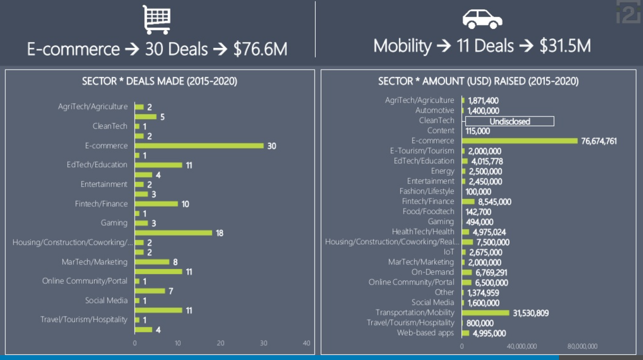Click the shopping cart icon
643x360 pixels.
(157, 19)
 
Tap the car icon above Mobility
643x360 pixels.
(482, 19)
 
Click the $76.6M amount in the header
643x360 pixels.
(260, 49)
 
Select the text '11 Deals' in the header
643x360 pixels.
(485, 46)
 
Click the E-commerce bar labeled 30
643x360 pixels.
(199, 145)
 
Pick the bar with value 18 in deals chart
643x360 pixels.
(173, 233)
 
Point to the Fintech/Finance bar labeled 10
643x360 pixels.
(156, 204)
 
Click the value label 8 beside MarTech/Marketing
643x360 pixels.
(175, 262)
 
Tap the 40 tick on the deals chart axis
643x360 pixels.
(306, 343)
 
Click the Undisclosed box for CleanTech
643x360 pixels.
(509, 121)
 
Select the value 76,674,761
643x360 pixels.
(598, 141)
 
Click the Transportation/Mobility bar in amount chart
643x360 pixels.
(485, 313)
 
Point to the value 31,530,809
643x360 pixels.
(530, 313)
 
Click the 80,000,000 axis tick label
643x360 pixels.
(582, 346)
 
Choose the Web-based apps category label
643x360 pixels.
(425, 333)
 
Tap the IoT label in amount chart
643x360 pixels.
(448, 252)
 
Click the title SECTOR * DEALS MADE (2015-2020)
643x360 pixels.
(160, 81)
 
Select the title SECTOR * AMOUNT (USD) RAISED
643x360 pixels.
(478, 81)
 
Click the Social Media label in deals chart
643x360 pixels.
(106, 300)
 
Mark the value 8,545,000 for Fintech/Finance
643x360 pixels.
(494, 202)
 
